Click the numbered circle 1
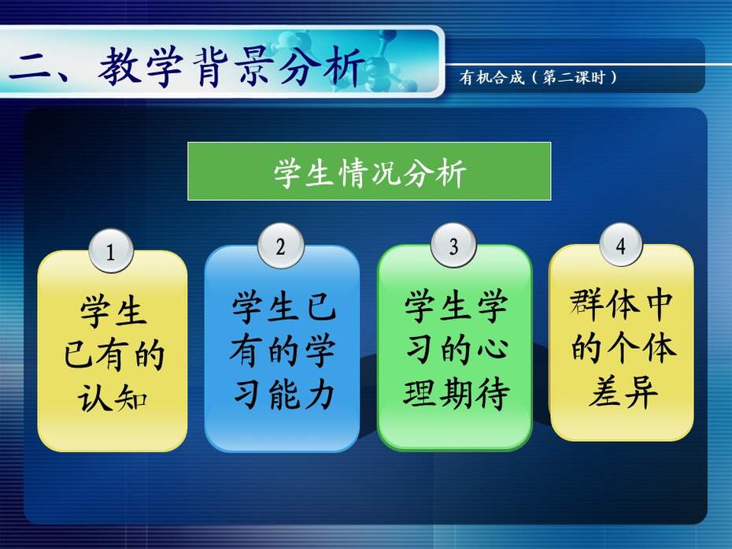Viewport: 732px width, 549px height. pyautogui.click(x=111, y=251)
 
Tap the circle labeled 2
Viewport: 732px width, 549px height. pyautogui.click(x=280, y=247)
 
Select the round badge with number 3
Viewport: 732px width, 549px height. pyautogui.click(x=454, y=246)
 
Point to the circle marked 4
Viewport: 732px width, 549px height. pyautogui.click(x=621, y=245)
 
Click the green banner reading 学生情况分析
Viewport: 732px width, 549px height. pyautogui.click(x=369, y=171)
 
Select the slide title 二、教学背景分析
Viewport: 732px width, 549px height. pyautogui.click(x=187, y=66)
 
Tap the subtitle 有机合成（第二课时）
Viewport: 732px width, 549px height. pyautogui.click(x=538, y=76)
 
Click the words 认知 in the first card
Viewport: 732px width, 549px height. pyautogui.click(x=113, y=398)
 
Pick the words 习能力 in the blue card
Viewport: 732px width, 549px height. pyautogui.click(x=283, y=395)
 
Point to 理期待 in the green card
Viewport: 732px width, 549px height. pyautogui.click(x=456, y=394)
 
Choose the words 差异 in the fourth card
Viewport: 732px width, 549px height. pyautogui.click(x=623, y=391)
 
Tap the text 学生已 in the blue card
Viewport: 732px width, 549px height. pyautogui.click(x=283, y=307)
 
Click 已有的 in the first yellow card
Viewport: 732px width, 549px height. pyautogui.click(x=114, y=354)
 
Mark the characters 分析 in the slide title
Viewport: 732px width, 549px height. pyautogui.click(x=322, y=66)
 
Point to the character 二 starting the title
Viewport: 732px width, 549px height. pyautogui.click(x=29, y=67)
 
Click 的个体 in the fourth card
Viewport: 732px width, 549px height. pyautogui.click(x=623, y=348)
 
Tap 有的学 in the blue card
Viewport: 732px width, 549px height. pyautogui.click(x=283, y=351)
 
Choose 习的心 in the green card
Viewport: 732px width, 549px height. pyautogui.click(x=456, y=350)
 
